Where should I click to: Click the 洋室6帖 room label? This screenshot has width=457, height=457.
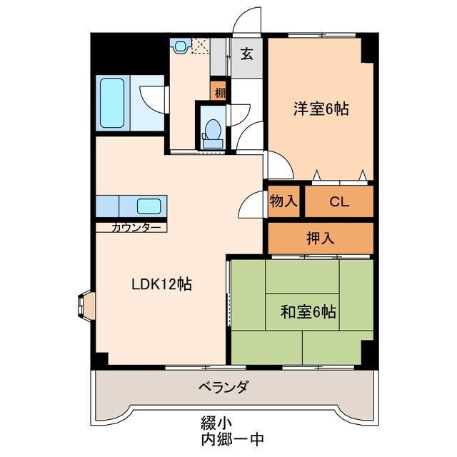tap(321, 109)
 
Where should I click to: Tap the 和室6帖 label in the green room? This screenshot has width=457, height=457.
tap(308, 311)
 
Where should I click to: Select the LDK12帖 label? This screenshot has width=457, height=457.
tap(161, 283)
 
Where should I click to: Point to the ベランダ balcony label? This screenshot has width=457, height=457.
tap(224, 388)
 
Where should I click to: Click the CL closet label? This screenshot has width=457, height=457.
tap(338, 201)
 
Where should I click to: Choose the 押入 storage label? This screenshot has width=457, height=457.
tap(320, 238)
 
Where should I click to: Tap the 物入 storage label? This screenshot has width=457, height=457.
tap(283, 201)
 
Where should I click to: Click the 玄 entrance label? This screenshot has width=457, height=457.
tap(246, 54)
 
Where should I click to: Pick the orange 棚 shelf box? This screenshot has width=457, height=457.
tap(219, 91)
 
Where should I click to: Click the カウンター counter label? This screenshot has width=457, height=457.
tap(135, 228)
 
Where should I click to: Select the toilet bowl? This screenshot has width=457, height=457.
tap(212, 133)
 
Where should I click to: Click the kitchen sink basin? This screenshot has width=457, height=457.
tap(150, 206)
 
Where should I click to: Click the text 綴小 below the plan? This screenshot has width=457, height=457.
tap(212, 422)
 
